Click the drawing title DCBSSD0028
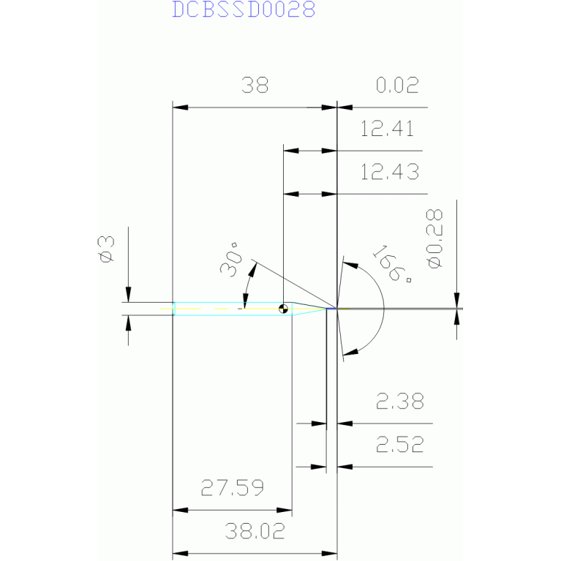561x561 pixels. pos(244,10)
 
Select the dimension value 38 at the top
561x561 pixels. pos(255,86)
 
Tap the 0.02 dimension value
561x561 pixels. pos(397,86)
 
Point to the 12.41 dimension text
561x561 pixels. pos(388,130)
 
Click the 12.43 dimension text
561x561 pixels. pos(390,173)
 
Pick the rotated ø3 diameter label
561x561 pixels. pos(107,249)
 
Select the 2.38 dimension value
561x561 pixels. pos(399,402)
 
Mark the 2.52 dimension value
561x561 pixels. pos(399,445)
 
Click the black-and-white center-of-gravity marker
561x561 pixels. pos(284,309)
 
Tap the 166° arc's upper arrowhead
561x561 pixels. pos(347,262)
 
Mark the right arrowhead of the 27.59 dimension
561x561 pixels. pos(286,510)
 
